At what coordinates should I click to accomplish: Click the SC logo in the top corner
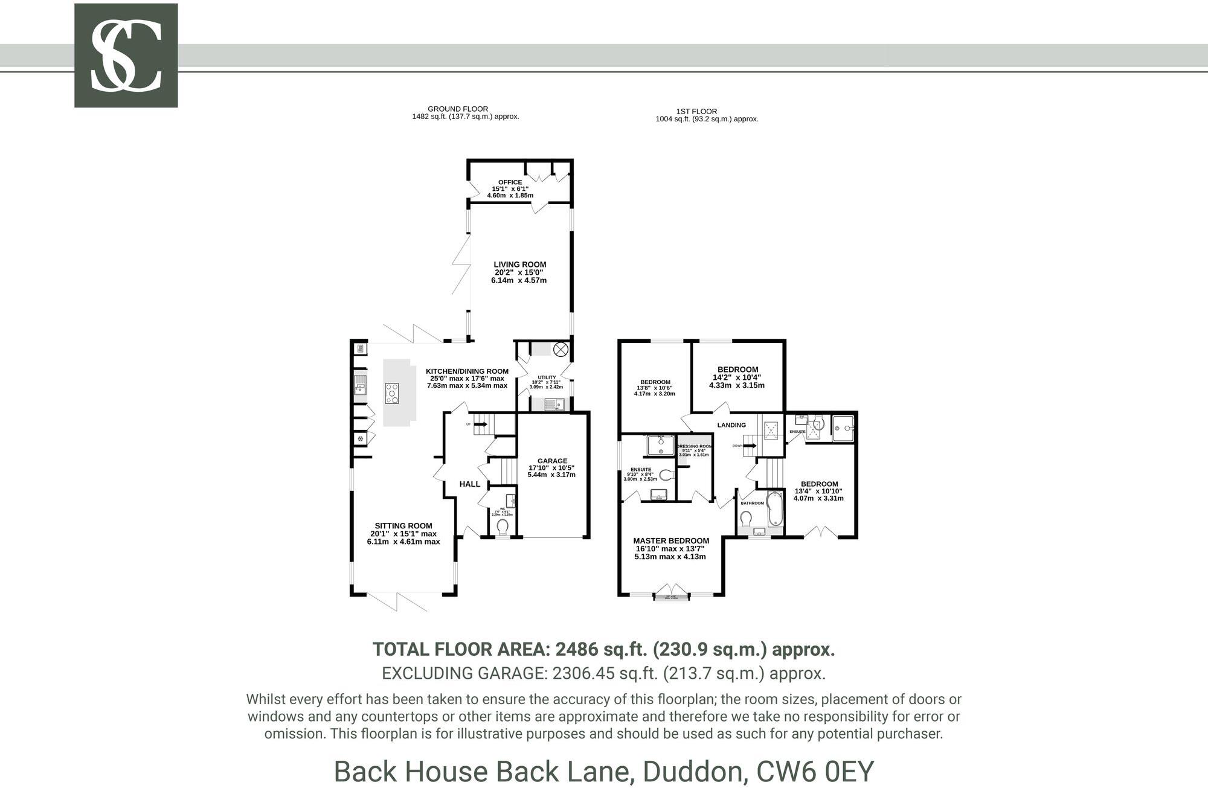point(126,56)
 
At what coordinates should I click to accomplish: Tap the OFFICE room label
point(510,182)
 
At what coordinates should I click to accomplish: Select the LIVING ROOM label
point(519,264)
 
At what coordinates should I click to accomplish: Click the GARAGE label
point(552,461)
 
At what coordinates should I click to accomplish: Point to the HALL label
point(469,484)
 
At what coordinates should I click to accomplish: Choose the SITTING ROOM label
point(403,526)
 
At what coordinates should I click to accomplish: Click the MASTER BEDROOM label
point(670,541)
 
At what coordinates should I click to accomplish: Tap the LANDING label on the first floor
point(731,425)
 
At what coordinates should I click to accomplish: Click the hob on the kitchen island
point(391,393)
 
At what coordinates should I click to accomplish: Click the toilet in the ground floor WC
point(502,527)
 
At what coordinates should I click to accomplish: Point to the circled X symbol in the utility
point(561,349)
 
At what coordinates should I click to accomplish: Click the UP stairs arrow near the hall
point(481,424)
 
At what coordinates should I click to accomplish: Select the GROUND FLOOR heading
point(457,109)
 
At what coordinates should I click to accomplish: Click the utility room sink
point(554,405)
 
